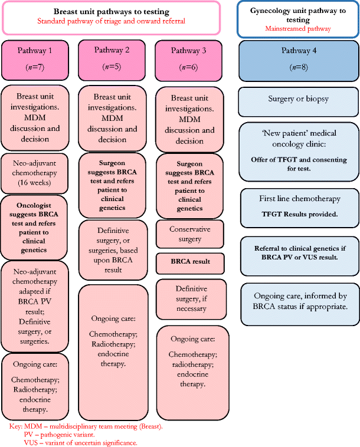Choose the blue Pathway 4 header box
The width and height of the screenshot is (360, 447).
pyautogui.click(x=299, y=60)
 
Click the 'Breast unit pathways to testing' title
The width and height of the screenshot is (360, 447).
pyautogui.click(x=111, y=11)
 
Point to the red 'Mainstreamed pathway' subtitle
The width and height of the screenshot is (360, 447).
pyautogui.click(x=298, y=28)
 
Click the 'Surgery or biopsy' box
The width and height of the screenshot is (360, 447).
pyautogui.click(x=299, y=101)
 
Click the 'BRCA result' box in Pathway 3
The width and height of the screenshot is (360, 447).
pyautogui.click(x=190, y=261)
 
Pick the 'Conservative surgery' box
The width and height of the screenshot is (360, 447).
pyautogui.click(x=190, y=234)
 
